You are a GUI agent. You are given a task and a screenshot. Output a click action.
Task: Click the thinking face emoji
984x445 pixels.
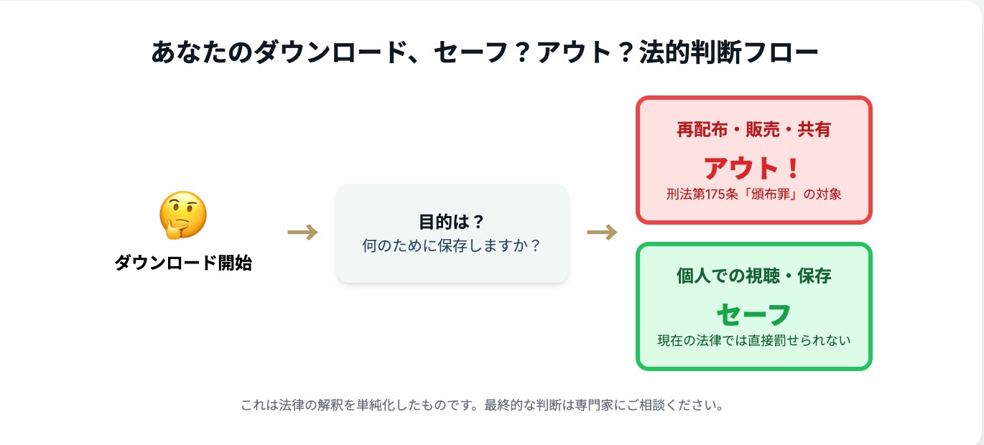(183, 215)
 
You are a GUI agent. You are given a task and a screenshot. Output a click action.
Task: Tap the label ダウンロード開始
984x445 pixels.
(183, 263)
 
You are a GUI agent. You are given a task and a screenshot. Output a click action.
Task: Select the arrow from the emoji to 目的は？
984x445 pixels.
(302, 232)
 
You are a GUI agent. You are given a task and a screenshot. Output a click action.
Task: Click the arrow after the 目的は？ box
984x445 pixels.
(603, 232)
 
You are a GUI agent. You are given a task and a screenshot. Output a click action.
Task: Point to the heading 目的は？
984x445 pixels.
(451, 222)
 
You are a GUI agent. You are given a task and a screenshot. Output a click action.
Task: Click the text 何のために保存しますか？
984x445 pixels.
(451, 245)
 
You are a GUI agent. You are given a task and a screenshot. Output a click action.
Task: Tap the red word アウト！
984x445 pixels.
(752, 168)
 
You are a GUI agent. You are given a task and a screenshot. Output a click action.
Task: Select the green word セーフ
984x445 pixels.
(754, 314)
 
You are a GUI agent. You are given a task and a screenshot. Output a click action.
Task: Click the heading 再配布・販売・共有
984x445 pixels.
(754, 130)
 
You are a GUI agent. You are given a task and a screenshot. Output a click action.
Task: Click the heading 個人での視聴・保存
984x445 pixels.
(754, 276)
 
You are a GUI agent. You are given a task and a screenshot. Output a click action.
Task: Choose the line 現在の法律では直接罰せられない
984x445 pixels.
(754, 340)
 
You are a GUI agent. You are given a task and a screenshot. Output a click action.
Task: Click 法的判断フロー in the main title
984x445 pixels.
(728, 52)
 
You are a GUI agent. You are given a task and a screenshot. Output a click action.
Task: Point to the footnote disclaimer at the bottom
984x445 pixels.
(483, 405)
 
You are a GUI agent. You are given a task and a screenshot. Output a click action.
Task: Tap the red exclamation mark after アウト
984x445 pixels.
(793, 168)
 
